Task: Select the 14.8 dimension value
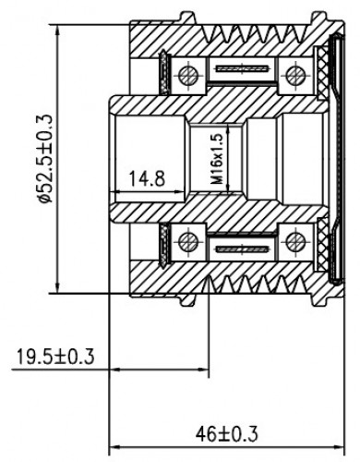pos(147,178)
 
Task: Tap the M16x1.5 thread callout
pos(218,159)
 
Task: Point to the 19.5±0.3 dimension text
pos(55,357)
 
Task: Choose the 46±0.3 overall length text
pos(226,434)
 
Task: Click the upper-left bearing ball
pos(188,76)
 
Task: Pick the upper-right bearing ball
pos(295,75)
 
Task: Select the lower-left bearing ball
pos(188,242)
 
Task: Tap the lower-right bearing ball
pos(295,242)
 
